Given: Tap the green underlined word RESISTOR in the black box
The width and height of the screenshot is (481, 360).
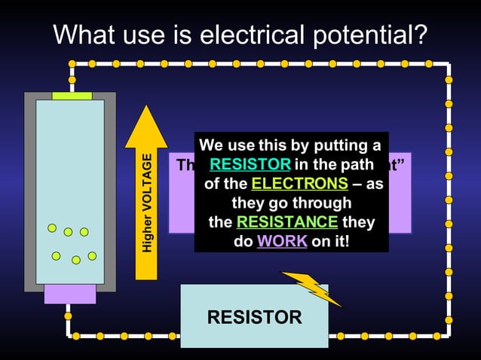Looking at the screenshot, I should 250,164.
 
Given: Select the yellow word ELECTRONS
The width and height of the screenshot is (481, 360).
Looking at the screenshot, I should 299,184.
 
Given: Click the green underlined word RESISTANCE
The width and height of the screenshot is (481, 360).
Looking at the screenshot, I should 287,222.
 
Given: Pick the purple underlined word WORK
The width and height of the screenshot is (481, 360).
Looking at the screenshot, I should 282,242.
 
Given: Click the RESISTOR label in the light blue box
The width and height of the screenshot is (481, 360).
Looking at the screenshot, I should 254,317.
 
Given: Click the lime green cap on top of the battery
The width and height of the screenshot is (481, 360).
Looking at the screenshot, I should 72,96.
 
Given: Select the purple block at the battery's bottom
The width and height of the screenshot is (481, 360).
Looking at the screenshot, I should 70,293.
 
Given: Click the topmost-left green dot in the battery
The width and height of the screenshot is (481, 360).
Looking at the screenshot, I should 52,227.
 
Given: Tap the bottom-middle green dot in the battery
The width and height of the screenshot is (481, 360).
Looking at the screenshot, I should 76,260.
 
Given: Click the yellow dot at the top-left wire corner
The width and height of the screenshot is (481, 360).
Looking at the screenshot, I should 72,64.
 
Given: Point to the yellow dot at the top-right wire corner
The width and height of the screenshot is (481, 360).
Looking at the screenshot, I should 448,64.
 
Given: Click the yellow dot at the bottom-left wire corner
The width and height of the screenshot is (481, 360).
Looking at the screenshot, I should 69,334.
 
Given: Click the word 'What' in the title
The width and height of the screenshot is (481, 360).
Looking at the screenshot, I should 83,33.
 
